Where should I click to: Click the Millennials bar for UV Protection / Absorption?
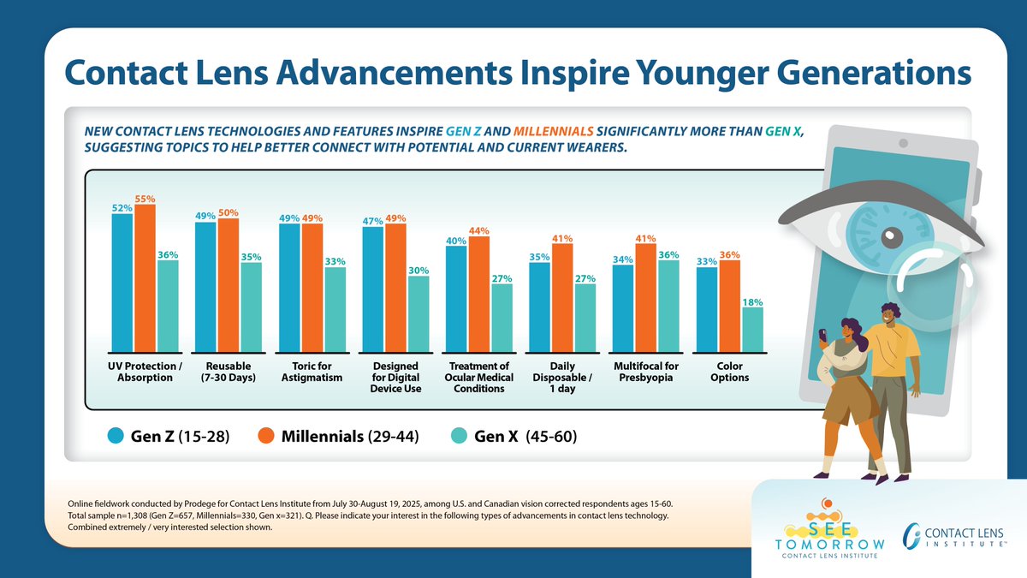click(x=145, y=278)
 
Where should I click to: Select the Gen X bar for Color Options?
click(x=752, y=330)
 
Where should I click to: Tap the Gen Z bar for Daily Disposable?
click(x=539, y=307)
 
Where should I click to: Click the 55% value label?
click(x=145, y=199)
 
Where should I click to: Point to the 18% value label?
click(x=752, y=302)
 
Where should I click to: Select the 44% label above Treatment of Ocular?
click(x=478, y=231)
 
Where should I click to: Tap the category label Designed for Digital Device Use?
click(x=395, y=378)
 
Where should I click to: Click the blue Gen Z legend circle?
click(x=116, y=436)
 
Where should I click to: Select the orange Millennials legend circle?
click(x=267, y=436)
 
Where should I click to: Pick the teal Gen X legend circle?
click(x=460, y=436)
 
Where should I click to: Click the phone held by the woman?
click(x=823, y=332)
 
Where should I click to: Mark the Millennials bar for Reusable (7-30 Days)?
click(x=228, y=285)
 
